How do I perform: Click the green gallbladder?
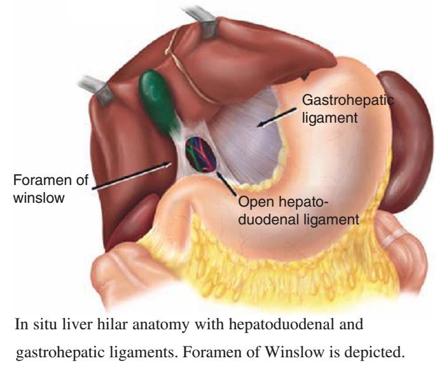[x=155, y=99]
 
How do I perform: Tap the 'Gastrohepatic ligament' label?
[x=347, y=109]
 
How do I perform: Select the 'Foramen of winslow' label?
[x=50, y=188]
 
